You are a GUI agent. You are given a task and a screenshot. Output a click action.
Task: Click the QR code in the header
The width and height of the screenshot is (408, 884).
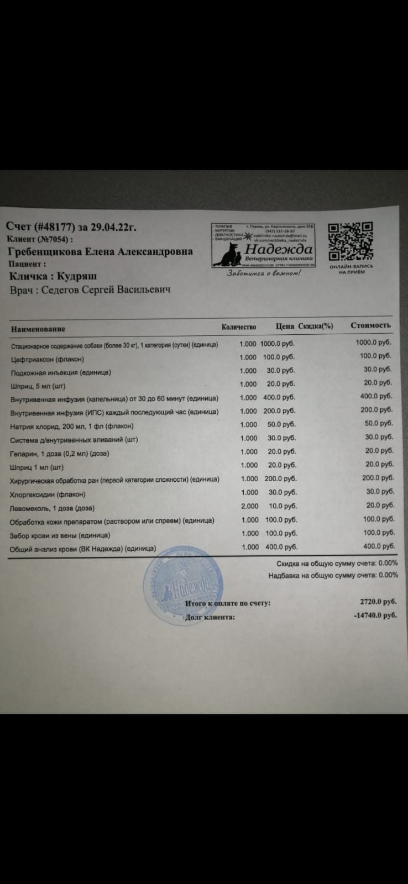(351, 241)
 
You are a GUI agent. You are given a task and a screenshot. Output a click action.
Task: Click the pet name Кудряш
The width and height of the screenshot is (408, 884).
(77, 276)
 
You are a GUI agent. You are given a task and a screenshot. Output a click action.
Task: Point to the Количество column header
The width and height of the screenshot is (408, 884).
(239, 327)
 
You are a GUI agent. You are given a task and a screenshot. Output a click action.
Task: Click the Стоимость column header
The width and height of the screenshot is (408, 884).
(370, 325)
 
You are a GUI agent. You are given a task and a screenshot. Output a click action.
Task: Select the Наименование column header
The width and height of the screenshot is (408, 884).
(38, 329)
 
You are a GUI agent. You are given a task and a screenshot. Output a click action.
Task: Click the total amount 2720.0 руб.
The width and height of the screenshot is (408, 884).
(378, 602)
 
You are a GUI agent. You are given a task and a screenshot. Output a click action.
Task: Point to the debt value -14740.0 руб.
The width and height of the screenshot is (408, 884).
(375, 614)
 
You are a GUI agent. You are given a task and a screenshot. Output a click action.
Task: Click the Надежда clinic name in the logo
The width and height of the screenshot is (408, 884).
(283, 250)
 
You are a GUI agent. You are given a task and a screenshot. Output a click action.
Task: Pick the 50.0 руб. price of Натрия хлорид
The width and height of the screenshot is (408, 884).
(285, 424)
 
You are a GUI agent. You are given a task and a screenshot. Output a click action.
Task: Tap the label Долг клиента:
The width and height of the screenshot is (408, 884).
(210, 617)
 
